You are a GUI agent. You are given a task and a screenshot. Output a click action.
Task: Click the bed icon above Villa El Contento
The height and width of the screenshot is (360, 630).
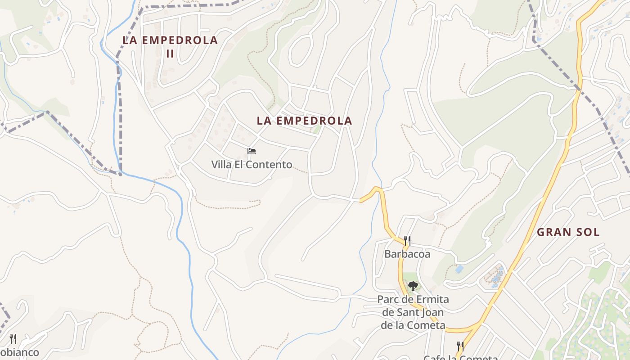point(252,151)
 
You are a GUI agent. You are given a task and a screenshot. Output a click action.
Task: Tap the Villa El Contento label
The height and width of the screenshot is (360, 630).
point(252,165)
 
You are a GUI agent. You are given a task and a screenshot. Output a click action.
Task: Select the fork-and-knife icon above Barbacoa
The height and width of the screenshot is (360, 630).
point(407,241)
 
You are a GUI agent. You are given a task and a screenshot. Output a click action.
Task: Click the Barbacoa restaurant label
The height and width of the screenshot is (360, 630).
point(407,254)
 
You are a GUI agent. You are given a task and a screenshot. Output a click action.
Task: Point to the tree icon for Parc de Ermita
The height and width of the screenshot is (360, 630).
point(413,285)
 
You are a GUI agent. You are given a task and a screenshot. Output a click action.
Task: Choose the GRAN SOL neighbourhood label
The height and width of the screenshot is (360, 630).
point(568,232)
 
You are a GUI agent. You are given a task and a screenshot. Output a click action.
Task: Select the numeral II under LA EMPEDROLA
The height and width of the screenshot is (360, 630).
point(170,53)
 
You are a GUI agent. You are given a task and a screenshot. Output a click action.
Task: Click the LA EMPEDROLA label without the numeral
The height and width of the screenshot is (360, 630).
point(304,121)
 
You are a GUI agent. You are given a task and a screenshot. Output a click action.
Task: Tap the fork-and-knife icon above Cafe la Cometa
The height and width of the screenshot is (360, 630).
point(460,346)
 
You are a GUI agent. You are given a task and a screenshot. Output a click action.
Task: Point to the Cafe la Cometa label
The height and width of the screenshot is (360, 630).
point(460,357)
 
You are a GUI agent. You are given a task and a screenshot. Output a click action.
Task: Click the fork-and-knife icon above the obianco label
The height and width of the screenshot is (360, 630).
point(13,339)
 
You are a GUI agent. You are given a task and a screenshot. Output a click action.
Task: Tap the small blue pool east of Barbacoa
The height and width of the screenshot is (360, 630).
point(459,269)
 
